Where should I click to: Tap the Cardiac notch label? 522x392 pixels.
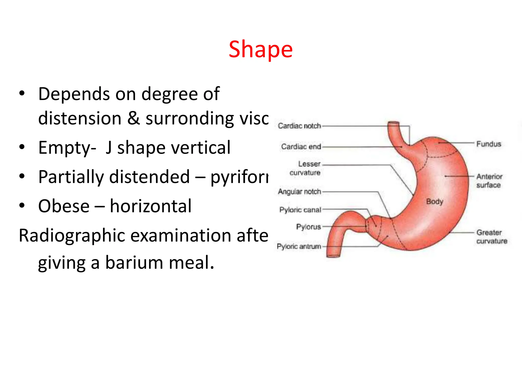coord(299,126)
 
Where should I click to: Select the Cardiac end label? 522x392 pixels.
coord(301,146)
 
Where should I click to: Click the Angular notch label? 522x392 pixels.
coord(299,191)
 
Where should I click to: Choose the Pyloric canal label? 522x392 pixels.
coord(300,210)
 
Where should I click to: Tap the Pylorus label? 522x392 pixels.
coord(308,227)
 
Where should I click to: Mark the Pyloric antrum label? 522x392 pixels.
coord(299,246)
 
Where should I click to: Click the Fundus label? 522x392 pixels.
coord(489,144)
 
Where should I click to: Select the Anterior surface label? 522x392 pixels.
coord(489,180)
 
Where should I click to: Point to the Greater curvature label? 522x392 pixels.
coord(491,237)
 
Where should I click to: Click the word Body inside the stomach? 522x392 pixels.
coord(435,202)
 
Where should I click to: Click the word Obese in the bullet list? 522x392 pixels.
coord(64,206)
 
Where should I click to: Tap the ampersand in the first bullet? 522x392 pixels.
coord(134,118)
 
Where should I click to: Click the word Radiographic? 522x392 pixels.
coord(72,235)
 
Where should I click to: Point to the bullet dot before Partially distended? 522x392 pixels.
coord(22,176)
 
